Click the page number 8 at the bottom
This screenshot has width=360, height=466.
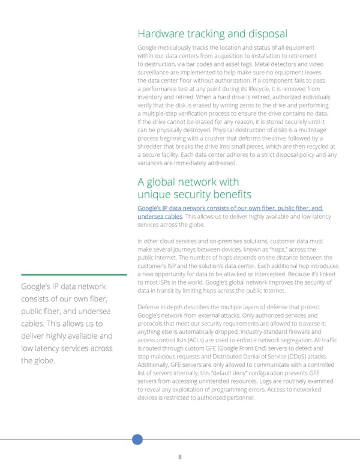[180, 457]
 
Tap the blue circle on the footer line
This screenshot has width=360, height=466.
[137, 438]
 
